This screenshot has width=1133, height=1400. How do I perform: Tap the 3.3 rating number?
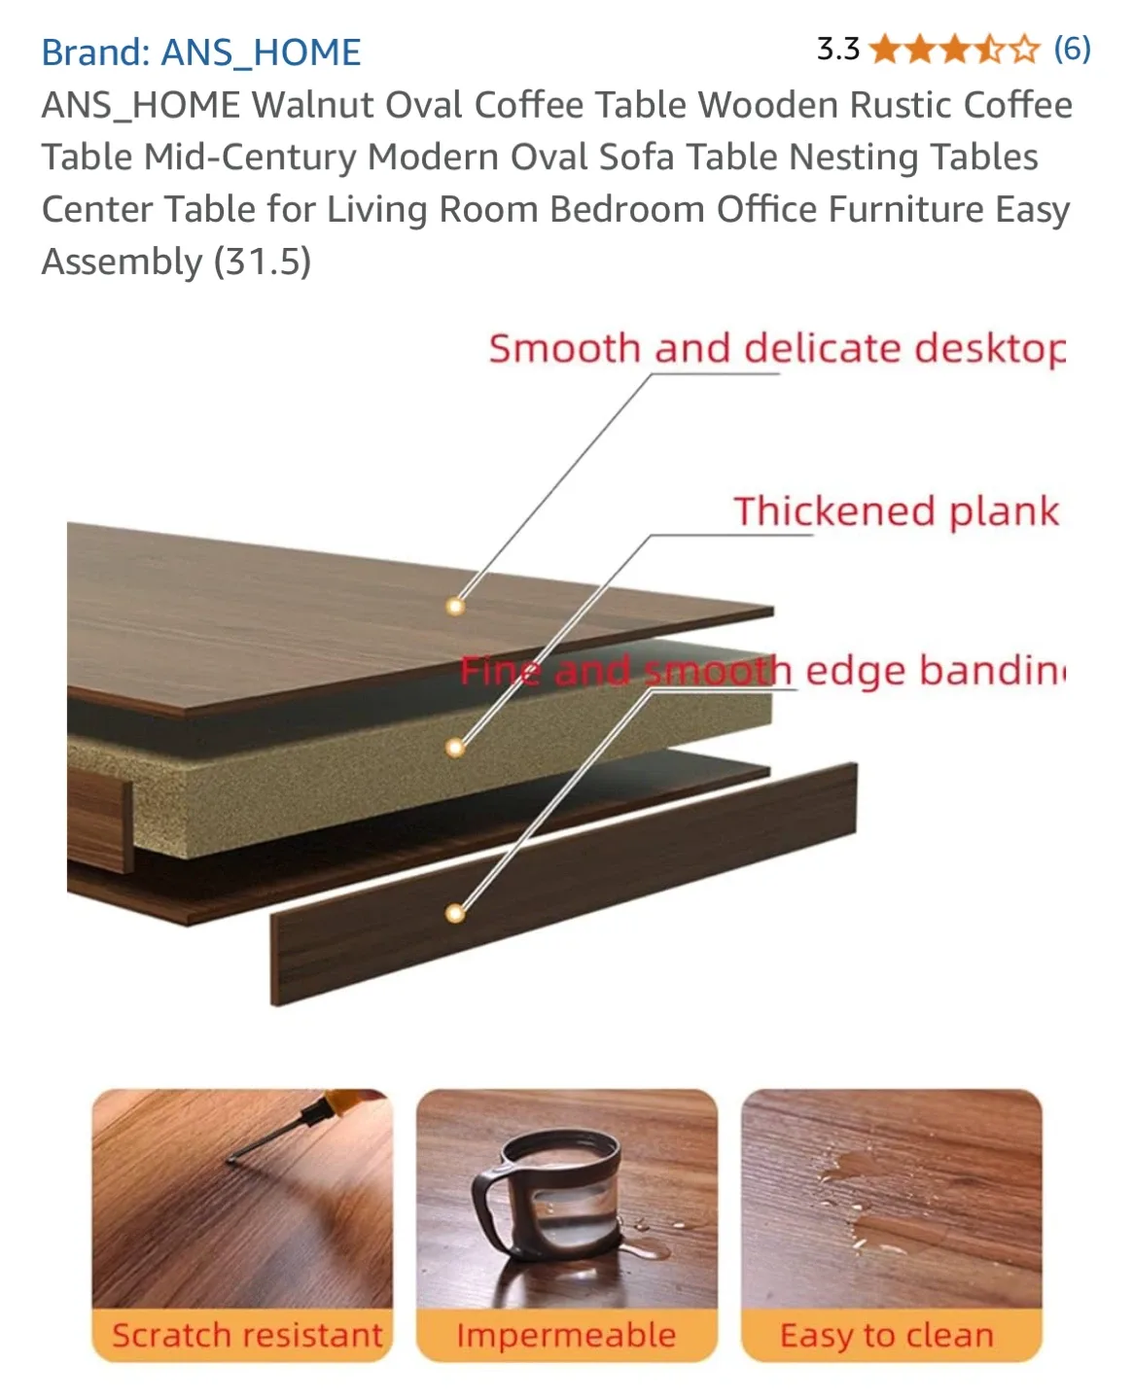(x=837, y=49)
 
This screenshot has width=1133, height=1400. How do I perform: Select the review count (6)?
(x=1072, y=49)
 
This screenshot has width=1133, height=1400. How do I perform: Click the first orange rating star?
(x=885, y=49)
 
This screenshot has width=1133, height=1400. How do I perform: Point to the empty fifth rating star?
(x=1024, y=49)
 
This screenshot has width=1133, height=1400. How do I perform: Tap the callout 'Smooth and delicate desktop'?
(x=776, y=349)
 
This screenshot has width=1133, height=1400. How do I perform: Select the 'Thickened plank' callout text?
(x=895, y=511)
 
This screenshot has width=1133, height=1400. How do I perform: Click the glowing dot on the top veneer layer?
(x=454, y=607)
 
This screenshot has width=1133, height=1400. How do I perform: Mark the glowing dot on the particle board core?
(x=454, y=748)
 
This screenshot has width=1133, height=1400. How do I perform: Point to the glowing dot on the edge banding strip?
(x=454, y=913)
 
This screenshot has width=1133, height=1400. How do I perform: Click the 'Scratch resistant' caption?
(x=247, y=1336)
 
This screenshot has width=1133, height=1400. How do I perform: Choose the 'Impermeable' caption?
(x=566, y=1336)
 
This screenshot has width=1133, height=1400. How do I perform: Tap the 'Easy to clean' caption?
(x=887, y=1336)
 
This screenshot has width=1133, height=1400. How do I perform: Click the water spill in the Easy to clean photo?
(x=851, y=1196)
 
